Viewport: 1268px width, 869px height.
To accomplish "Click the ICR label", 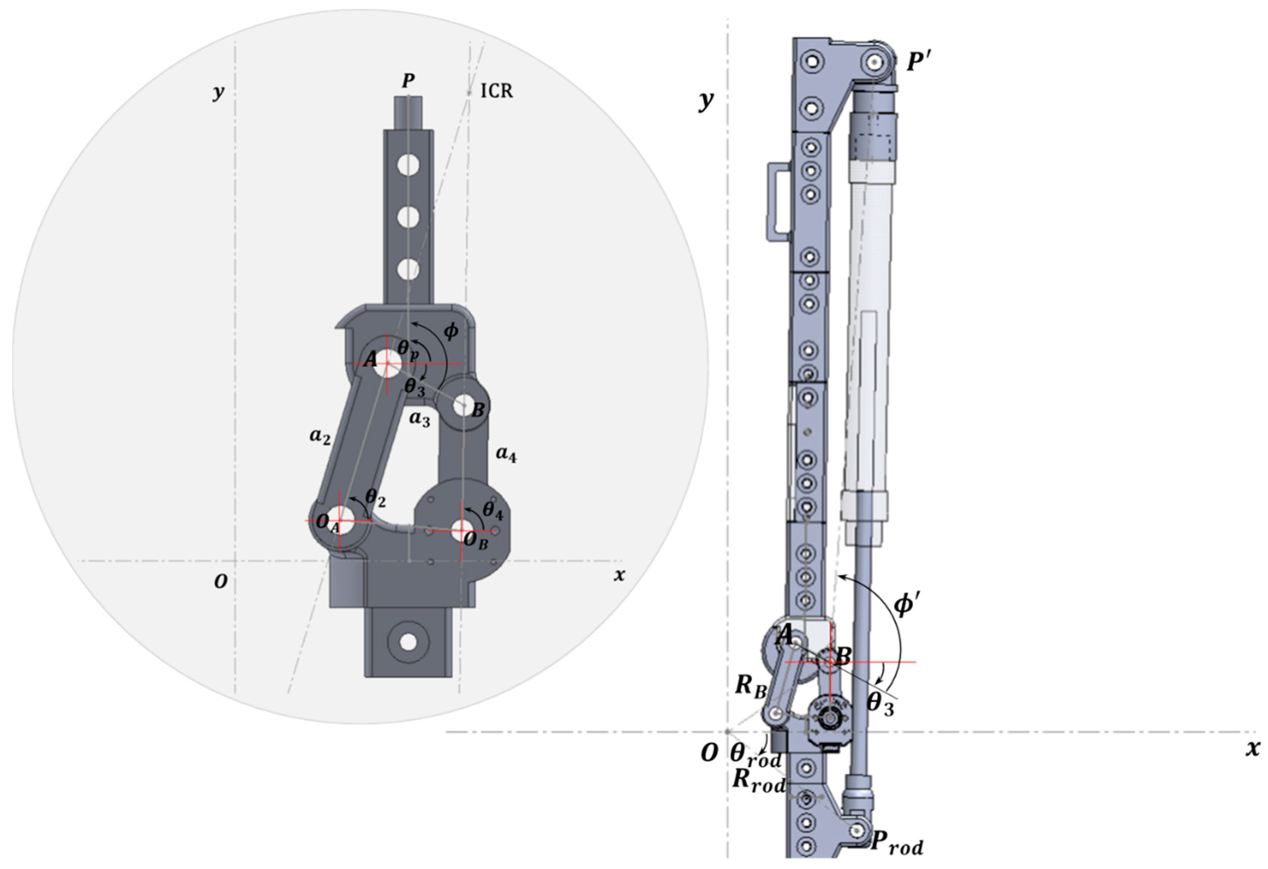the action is pos(497,91).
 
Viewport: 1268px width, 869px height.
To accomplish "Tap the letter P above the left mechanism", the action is pos(408,81).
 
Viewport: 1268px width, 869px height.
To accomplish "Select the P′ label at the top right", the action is pos(919,62).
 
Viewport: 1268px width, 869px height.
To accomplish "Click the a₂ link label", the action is pos(320,436).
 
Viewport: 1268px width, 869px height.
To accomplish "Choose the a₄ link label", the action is pos(506,455).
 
